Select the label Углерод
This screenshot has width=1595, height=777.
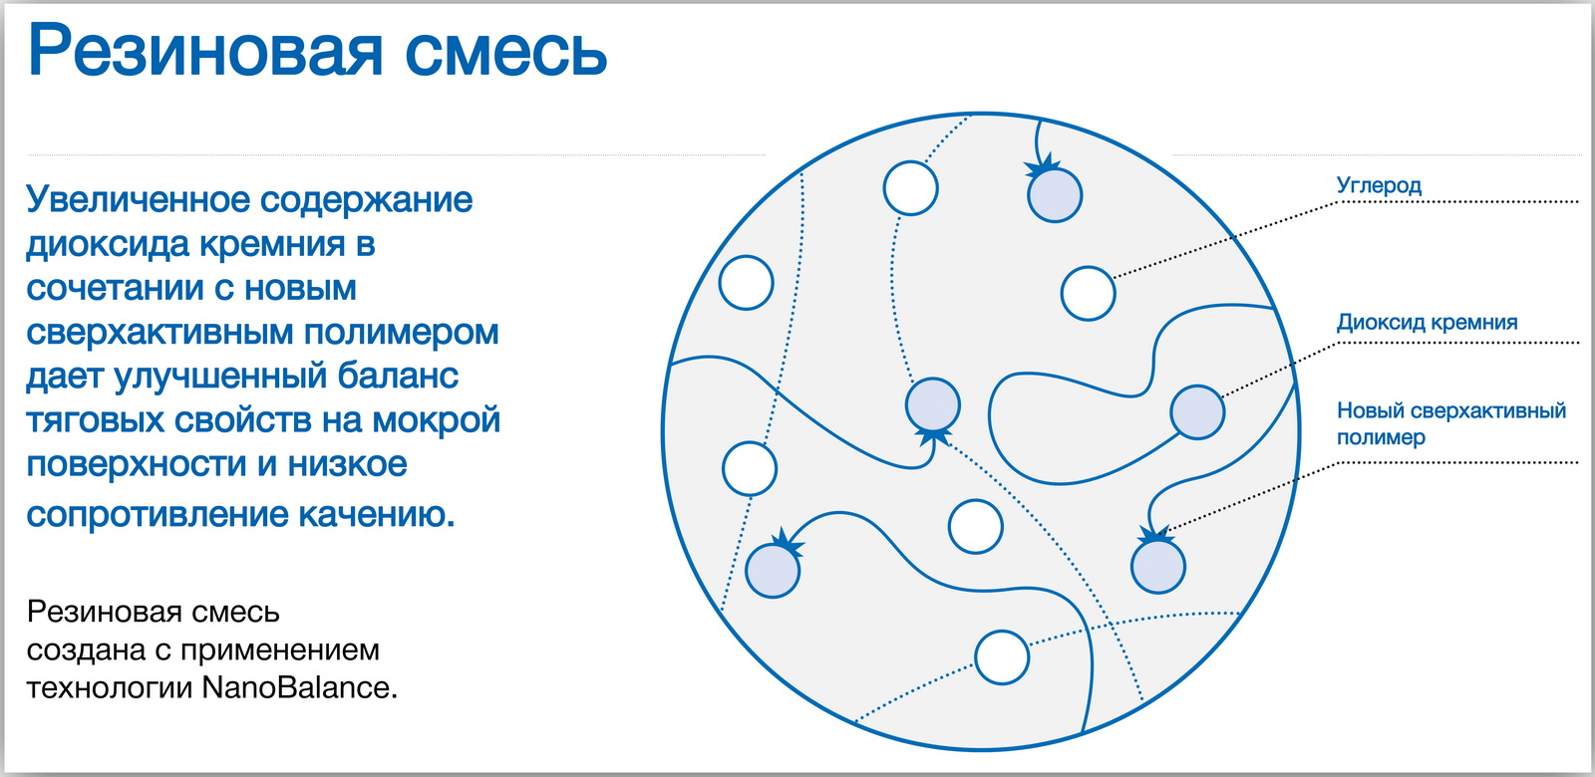1379,185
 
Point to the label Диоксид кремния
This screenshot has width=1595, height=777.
1427,323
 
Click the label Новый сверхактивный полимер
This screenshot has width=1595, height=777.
1451,423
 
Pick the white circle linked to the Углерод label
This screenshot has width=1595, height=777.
1088,293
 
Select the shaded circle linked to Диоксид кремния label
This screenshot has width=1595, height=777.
1197,412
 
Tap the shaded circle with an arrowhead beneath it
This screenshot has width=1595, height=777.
933,404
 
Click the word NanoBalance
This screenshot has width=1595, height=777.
300,687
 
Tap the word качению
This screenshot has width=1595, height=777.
377,514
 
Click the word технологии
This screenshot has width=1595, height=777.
110,688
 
